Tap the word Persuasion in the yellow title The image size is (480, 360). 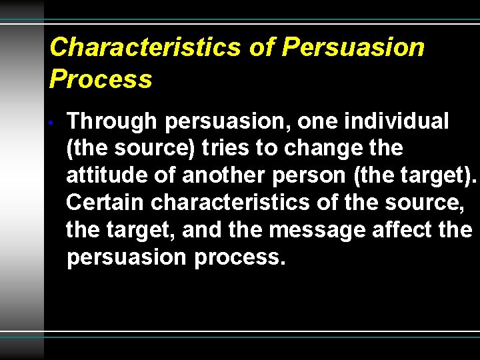[353, 47]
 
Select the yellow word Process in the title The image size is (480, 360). [101, 79]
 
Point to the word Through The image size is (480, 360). [112, 122]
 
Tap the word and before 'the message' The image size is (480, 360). [202, 230]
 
